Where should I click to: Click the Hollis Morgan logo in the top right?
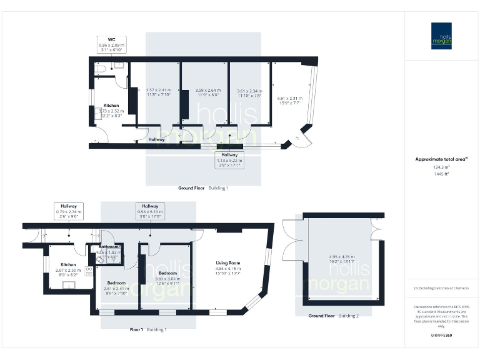(x=442, y=36)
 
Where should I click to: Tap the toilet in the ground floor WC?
(x=100, y=71)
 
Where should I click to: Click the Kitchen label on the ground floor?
(x=111, y=106)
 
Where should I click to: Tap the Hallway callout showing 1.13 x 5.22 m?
(x=230, y=161)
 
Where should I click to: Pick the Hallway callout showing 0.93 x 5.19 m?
(x=150, y=211)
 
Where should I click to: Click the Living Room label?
(x=227, y=263)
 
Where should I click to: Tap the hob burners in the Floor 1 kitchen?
(x=89, y=270)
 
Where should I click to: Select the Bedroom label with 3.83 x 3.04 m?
(x=167, y=273)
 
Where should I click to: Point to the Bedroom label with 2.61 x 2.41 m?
(x=116, y=282)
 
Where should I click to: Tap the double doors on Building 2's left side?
(x=291, y=247)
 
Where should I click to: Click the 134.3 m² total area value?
(x=441, y=167)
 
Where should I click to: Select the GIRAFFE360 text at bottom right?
(x=441, y=336)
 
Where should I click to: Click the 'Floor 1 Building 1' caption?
(x=147, y=329)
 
